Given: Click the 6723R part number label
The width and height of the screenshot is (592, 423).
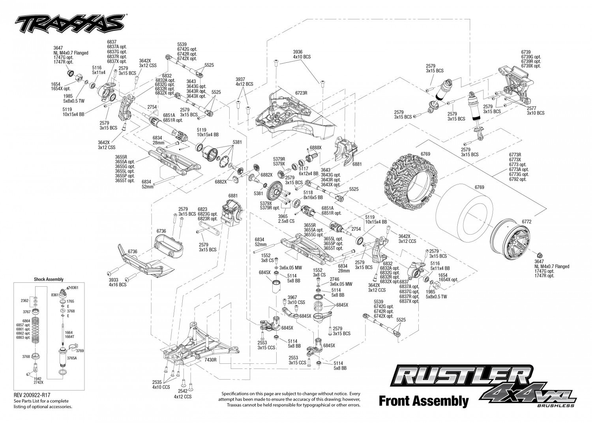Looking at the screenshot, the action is pyautogui.click(x=301, y=93).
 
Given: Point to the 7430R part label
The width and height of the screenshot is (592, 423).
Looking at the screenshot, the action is pyautogui.click(x=210, y=360).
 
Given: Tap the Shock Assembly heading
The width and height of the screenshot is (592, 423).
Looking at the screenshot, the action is pyautogui.click(x=49, y=279).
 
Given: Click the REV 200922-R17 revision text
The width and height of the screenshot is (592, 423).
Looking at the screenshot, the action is pyautogui.click(x=32, y=395).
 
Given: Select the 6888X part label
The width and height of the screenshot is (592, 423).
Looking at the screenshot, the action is pyautogui.click(x=316, y=148).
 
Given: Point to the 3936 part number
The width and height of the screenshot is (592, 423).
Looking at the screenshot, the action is pyautogui.click(x=298, y=52).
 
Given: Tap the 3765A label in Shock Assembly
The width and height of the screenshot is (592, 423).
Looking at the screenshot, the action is pyautogui.click(x=71, y=358).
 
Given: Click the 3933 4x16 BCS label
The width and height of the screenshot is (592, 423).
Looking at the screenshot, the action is pyautogui.click(x=117, y=282).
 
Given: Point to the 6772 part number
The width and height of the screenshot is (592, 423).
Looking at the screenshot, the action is pyautogui.click(x=526, y=222).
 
